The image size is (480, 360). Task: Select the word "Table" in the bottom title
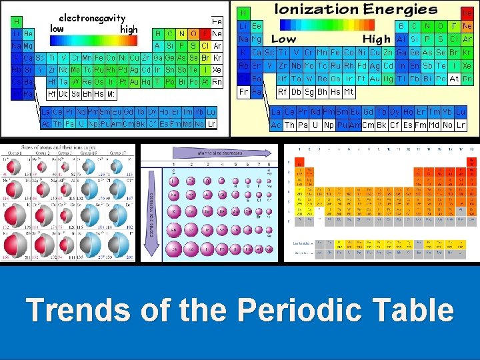pyautogui.click(x=409, y=311)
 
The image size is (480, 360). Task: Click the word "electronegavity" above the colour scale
pyautogui.click(x=92, y=18)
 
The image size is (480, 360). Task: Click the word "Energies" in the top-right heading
pyautogui.click(x=401, y=9)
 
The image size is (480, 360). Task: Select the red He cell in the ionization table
pyautogui.click(x=467, y=13)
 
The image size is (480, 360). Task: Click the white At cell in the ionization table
pyautogui.click(x=453, y=79)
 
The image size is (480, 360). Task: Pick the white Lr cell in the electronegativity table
pyautogui.click(x=211, y=124)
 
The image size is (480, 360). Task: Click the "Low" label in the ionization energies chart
pyautogui.click(x=283, y=39)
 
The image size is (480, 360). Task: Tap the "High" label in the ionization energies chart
pyautogui.click(x=376, y=39)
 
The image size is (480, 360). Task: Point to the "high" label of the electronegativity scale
pyautogui.click(x=129, y=29)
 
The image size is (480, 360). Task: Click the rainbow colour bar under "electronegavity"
pyautogui.click(x=92, y=28)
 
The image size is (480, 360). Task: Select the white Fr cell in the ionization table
pyautogui.click(x=244, y=91)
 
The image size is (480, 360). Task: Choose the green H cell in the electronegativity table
pyautogui.click(x=16, y=21)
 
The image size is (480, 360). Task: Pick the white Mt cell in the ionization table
pyautogui.click(x=348, y=92)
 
